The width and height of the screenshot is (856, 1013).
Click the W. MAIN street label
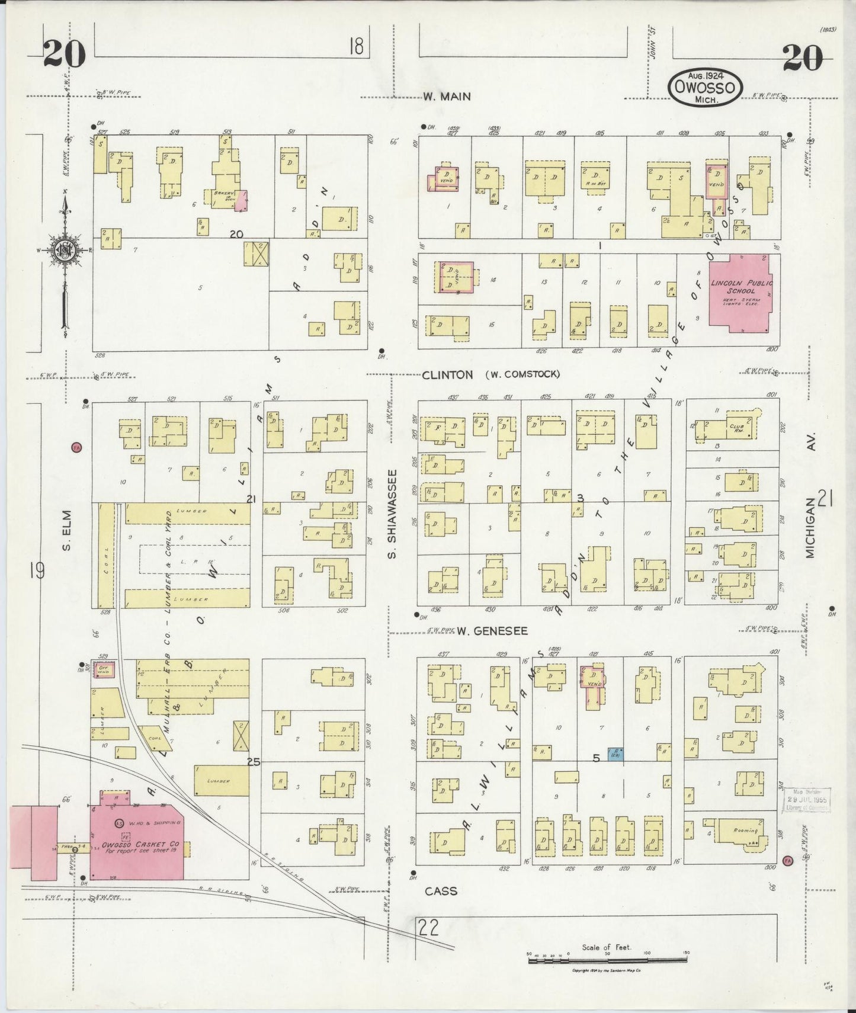447,97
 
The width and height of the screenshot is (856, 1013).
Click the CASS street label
441,890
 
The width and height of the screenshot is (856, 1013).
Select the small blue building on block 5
614,754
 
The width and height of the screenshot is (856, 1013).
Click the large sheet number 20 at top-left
64,56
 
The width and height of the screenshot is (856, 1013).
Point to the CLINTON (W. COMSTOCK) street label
490,374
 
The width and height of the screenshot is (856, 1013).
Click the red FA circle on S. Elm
76,448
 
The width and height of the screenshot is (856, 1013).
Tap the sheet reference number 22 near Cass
428,927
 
